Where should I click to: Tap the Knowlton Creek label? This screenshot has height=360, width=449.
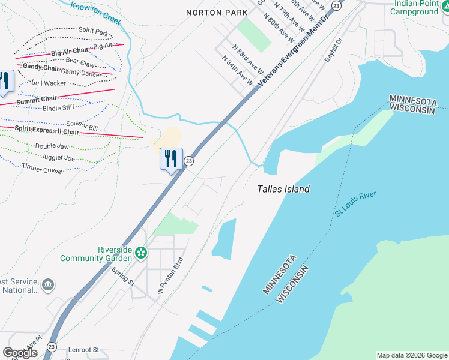click(96, 13)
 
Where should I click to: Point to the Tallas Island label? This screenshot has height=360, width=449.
click(283, 189)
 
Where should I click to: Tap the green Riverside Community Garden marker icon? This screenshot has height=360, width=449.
click(141, 253)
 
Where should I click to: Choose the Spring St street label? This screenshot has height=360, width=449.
click(123, 275)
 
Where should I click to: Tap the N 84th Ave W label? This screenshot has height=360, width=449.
click(237, 69)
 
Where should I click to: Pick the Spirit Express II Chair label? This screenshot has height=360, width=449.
click(47, 130)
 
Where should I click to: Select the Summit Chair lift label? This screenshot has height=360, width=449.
click(37, 100)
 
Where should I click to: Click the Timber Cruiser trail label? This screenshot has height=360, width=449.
click(43, 169)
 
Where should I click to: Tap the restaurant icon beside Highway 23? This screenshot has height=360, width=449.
click(171, 158)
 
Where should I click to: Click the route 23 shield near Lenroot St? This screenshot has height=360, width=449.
click(52, 347)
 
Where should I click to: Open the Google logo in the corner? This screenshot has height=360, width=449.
click(20, 353)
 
